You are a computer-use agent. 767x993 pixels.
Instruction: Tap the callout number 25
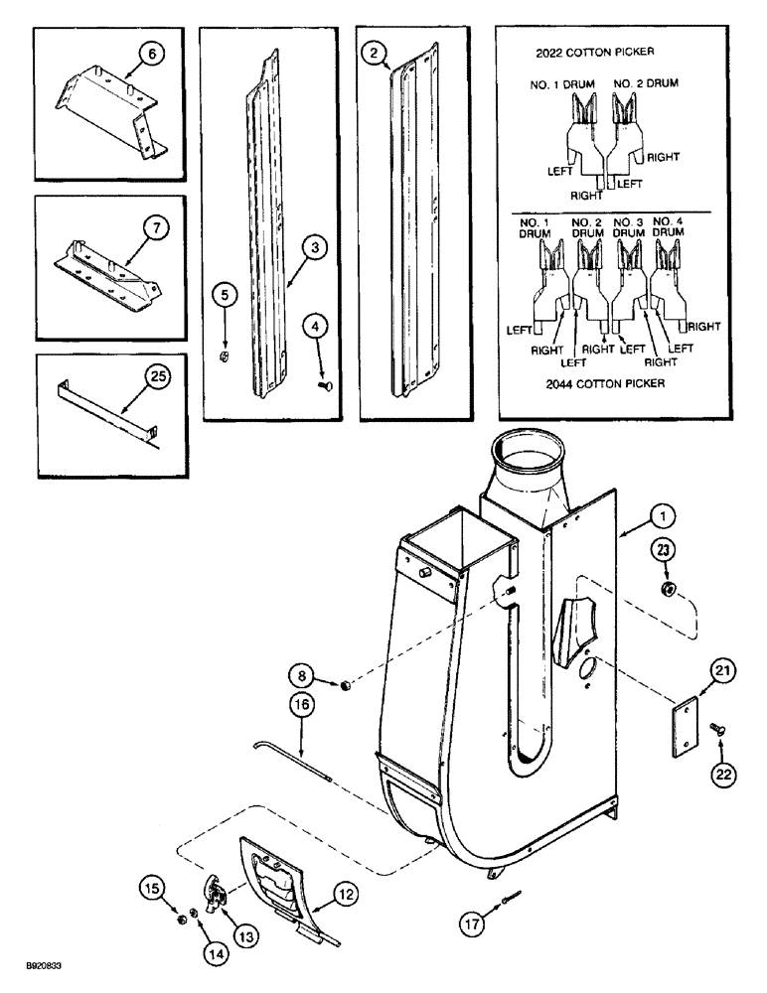point(155,375)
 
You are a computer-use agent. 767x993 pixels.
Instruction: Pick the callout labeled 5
point(226,294)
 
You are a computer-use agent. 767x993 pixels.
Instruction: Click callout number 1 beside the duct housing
point(663,515)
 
